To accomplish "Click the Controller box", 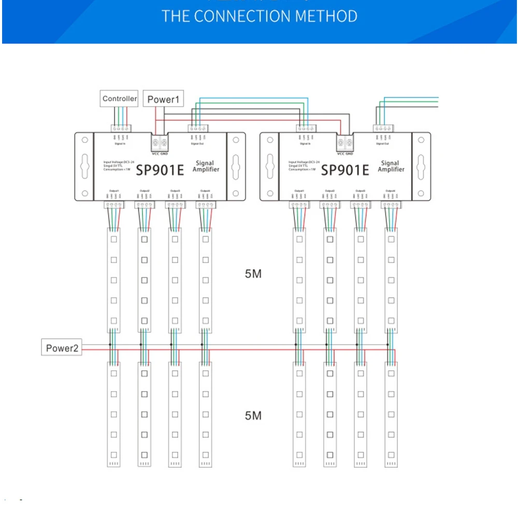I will [x=119, y=98].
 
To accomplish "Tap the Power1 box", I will [x=163, y=99].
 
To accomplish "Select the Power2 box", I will [x=62, y=348].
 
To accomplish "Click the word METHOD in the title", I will [x=326, y=16].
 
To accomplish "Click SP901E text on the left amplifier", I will [x=160, y=169].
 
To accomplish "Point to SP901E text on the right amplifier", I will [x=345, y=169].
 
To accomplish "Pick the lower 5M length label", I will [x=253, y=415].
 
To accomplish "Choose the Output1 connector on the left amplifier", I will [x=113, y=205].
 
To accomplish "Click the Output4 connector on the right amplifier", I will [x=391, y=205].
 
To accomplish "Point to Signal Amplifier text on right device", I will [x=391, y=166].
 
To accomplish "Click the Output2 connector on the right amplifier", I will [x=329, y=205].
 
